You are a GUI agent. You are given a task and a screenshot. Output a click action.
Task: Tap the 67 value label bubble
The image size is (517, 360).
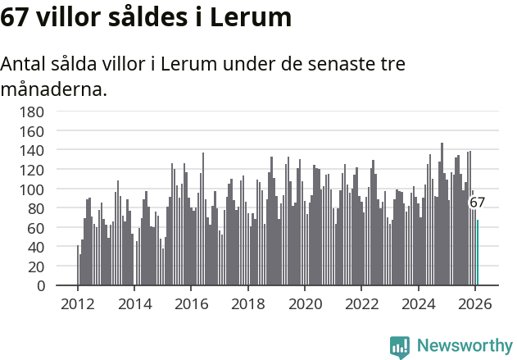(477, 203)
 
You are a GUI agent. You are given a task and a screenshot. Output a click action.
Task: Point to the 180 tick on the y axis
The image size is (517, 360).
(33, 112)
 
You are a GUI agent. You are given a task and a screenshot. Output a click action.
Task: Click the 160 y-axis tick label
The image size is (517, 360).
(33, 131)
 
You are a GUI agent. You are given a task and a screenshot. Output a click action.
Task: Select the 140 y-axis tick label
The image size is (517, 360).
(33, 150)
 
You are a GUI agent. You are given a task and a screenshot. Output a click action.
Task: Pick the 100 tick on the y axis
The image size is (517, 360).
(33, 189)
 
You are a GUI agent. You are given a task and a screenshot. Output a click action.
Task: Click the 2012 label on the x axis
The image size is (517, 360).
(78, 304)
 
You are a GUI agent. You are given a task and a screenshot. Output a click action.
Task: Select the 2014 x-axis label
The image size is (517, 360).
(134, 304)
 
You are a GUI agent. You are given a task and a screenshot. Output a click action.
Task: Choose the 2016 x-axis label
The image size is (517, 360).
(191, 304)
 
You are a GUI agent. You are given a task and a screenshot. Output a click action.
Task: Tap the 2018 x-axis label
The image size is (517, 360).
(247, 304)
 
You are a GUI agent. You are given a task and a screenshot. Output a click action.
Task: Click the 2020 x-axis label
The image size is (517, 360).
(305, 304)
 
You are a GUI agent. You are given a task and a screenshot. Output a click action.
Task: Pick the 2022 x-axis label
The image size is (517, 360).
(361, 304)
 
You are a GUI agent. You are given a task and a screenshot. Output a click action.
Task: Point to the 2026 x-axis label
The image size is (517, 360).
(474, 304)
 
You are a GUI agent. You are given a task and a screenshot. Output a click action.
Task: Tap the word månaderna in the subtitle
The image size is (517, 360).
(54, 89)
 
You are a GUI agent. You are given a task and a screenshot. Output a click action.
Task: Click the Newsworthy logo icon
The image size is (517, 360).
(400, 346)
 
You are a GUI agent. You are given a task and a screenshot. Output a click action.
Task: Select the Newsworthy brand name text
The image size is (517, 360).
(464, 346)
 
